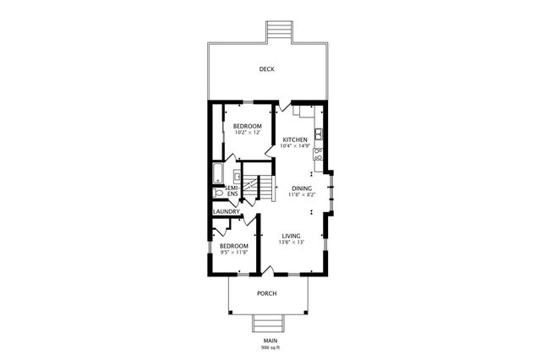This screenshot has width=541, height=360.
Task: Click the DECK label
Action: pyautogui.click(x=267, y=69)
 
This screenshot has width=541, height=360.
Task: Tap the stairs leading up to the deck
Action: pyautogui.click(x=279, y=30)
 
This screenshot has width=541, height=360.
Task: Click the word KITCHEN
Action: pyautogui.click(x=295, y=139)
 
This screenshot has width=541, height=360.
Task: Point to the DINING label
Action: pyautogui.click(x=302, y=188)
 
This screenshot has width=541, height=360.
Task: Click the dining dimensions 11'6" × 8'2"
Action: pyautogui.click(x=302, y=194)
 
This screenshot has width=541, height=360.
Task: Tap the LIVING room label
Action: pyautogui.click(x=292, y=236)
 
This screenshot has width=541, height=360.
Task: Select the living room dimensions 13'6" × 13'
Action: pyautogui.click(x=292, y=243)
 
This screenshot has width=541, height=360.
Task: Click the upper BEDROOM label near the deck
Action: pyautogui.click(x=248, y=126)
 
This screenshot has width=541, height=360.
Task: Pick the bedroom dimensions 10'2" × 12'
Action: pyautogui.click(x=248, y=133)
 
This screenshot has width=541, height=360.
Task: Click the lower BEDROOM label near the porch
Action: pyautogui.click(x=233, y=245)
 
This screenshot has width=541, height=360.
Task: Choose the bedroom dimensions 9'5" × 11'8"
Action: pyautogui.click(x=233, y=252)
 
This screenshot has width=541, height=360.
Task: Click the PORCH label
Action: pyautogui.click(x=267, y=293)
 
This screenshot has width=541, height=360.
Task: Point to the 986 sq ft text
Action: pyautogui.click(x=270, y=347)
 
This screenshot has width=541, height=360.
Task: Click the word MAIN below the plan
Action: pyautogui.click(x=270, y=341)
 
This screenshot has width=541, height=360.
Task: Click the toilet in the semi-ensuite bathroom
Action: pyautogui.click(x=219, y=193)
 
